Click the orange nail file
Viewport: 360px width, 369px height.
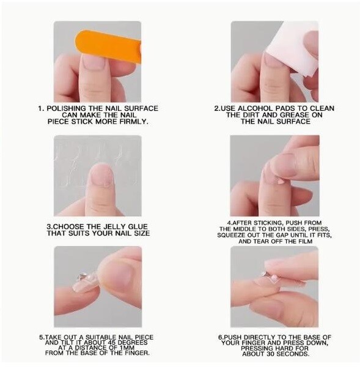(x=109, y=47)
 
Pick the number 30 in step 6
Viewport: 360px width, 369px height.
(x=271, y=354)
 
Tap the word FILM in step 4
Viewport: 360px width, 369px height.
(x=305, y=242)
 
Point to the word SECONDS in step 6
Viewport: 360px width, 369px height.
(x=293, y=354)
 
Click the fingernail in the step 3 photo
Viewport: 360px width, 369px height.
(x=101, y=176)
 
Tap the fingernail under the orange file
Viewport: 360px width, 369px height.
(x=94, y=62)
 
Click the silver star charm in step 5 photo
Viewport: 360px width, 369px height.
(x=83, y=275)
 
